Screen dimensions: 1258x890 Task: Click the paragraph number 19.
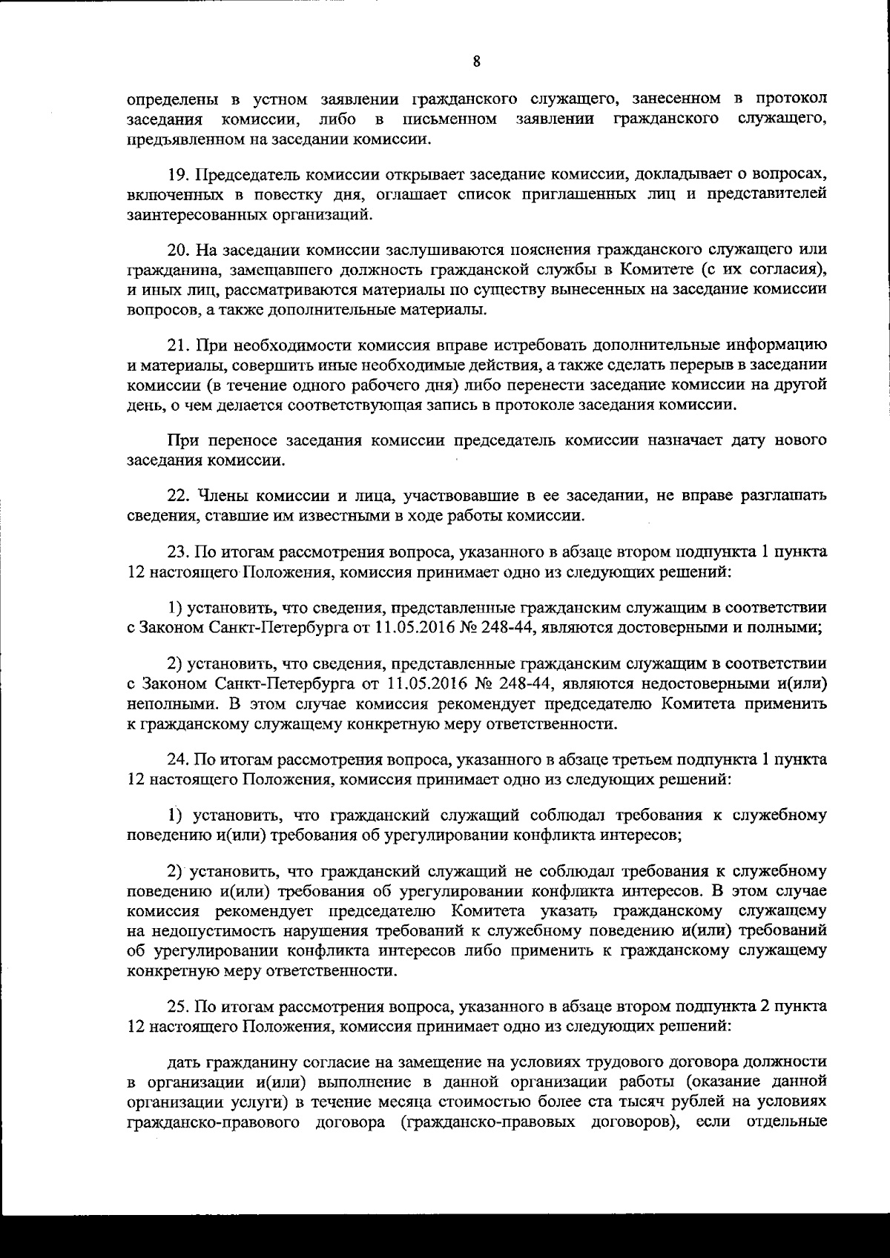[177, 175]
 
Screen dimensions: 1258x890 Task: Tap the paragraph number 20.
[177, 249]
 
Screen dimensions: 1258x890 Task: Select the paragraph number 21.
[177, 345]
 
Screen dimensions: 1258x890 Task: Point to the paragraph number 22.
[177, 494]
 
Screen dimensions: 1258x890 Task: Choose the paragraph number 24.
[177, 759]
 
